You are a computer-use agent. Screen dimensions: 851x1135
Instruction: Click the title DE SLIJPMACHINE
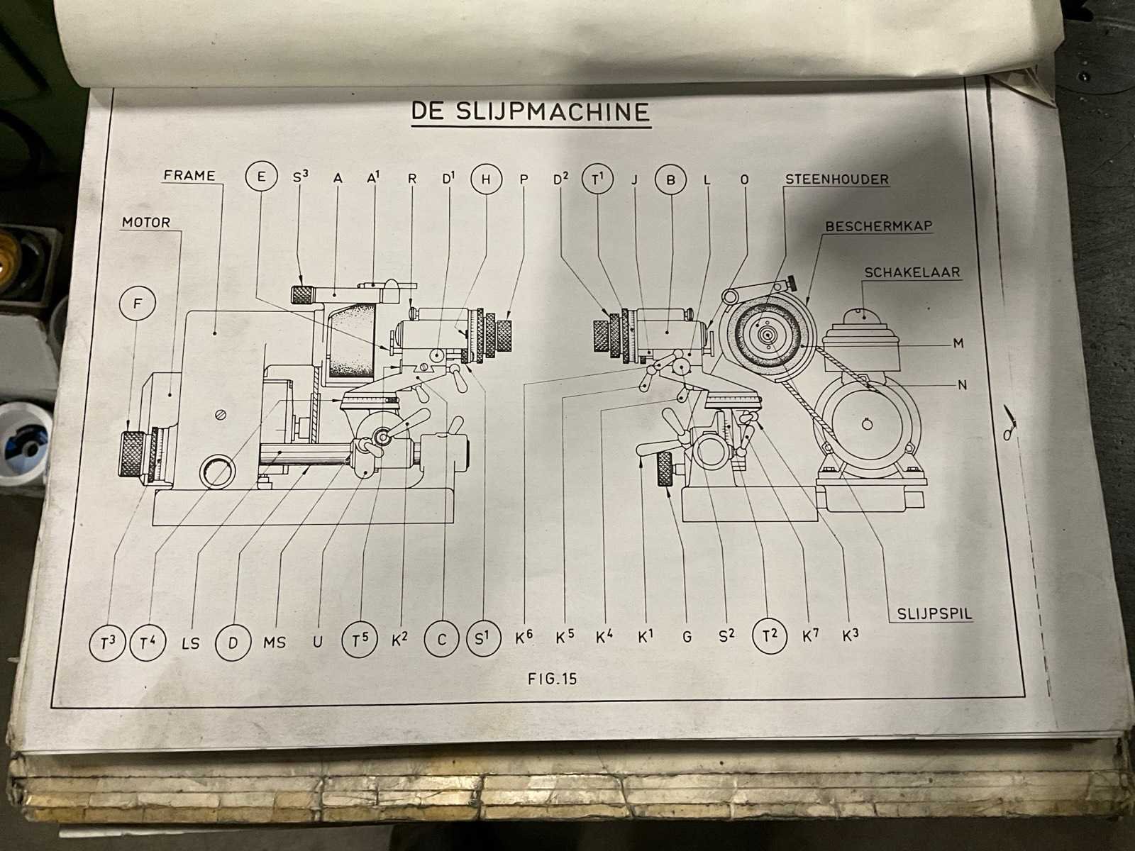(x=531, y=112)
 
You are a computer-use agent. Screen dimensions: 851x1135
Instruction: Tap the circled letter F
(x=138, y=304)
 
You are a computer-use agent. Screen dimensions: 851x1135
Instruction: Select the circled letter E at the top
(x=262, y=177)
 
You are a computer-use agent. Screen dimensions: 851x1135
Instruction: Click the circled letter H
(x=486, y=179)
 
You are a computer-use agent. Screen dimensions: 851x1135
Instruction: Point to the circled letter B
(x=670, y=179)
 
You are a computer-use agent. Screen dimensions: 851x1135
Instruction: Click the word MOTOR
(x=146, y=223)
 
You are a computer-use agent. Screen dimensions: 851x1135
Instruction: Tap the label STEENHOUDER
(x=836, y=179)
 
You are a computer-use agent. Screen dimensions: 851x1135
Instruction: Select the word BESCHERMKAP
(x=878, y=226)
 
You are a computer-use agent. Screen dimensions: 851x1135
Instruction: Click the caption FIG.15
(x=553, y=679)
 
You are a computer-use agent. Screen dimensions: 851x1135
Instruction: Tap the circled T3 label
(x=108, y=643)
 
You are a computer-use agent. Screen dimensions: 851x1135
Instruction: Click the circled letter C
(x=441, y=640)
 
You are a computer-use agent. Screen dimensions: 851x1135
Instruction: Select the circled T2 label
(x=769, y=635)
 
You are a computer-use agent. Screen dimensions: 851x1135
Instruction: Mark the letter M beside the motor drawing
(x=958, y=343)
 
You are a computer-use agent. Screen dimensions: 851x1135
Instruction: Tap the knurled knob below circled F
(x=133, y=453)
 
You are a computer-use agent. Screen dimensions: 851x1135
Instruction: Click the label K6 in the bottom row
(x=524, y=638)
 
